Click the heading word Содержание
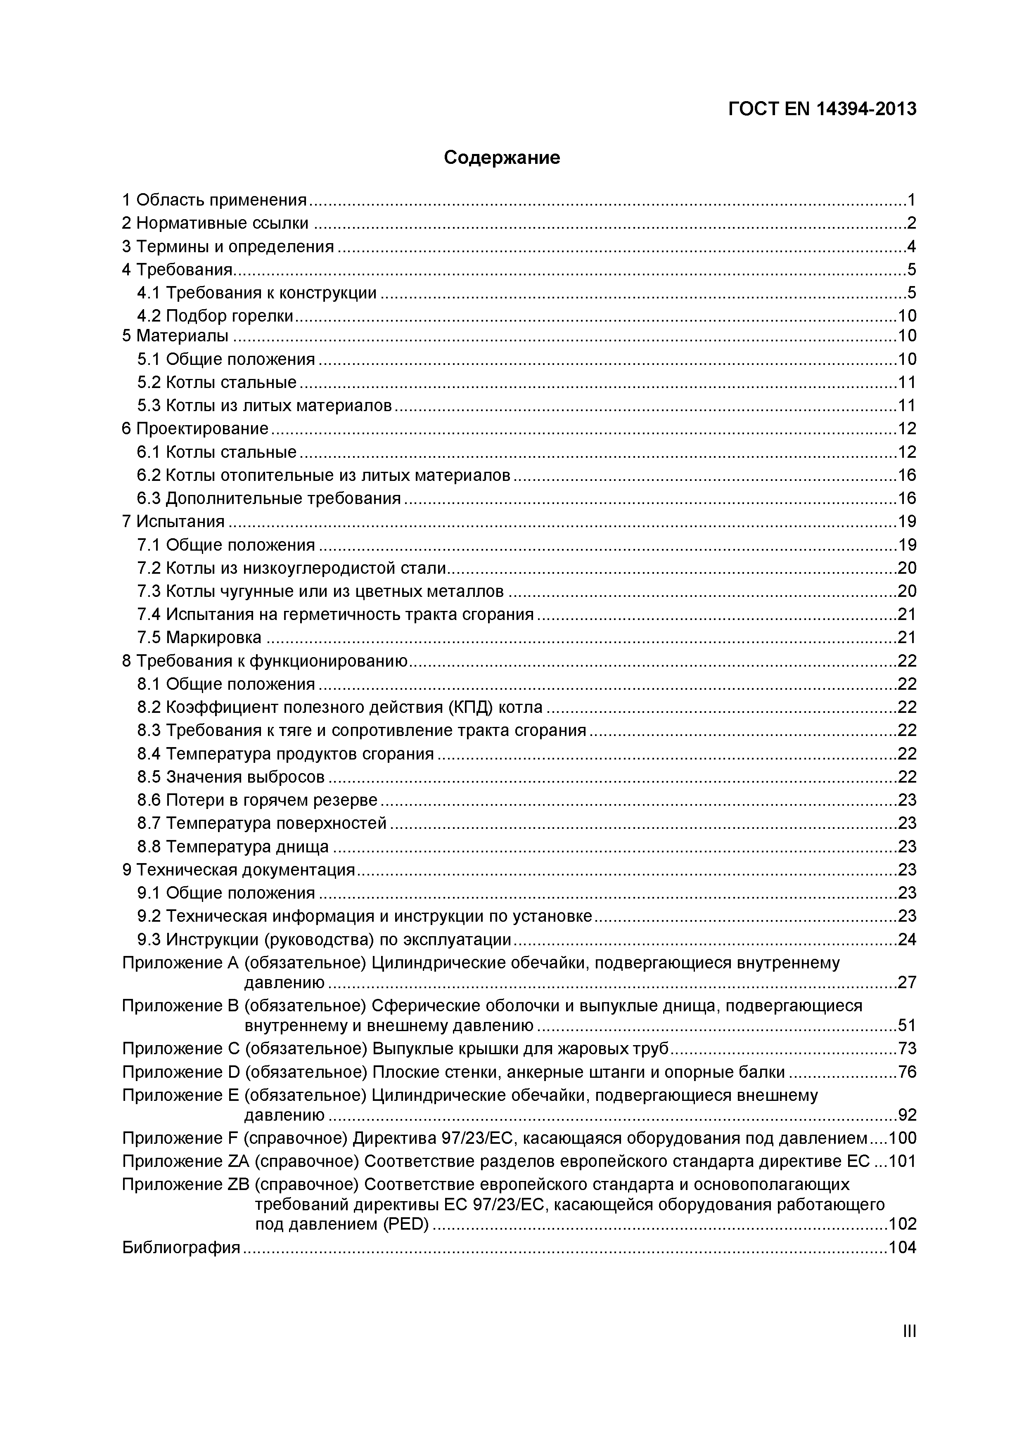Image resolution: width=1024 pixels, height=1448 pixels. click(x=502, y=157)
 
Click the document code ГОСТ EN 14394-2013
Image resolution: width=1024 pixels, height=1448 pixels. click(x=822, y=109)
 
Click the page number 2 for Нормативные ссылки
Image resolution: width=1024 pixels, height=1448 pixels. click(x=911, y=223)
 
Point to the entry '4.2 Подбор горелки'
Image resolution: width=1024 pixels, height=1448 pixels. click(x=215, y=315)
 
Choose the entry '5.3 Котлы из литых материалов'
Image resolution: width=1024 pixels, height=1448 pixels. click(x=264, y=405)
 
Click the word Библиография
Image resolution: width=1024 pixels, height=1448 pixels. click(x=181, y=1247)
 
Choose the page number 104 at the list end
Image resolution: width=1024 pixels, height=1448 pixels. click(x=902, y=1247)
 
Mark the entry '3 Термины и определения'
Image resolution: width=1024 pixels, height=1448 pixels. click(x=228, y=246)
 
